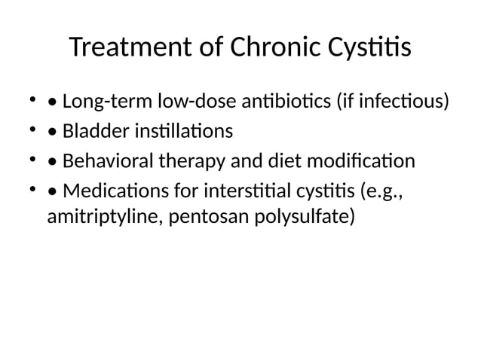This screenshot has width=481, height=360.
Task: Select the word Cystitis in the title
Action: click(x=369, y=49)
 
